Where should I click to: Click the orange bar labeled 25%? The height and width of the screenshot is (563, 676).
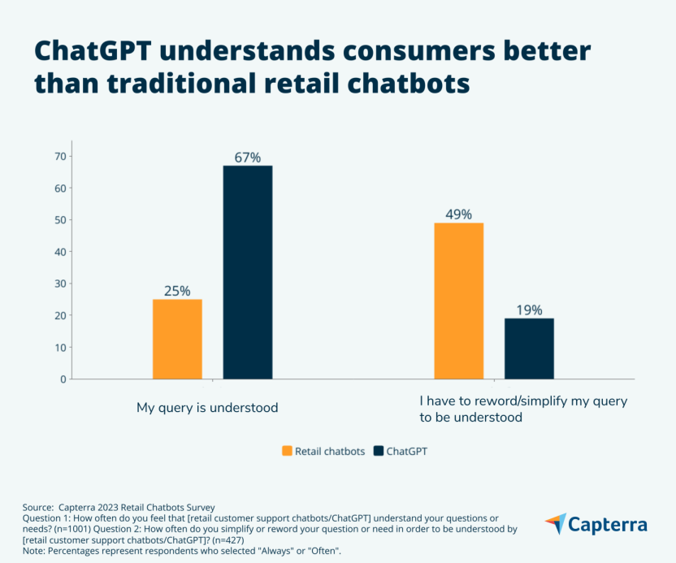point(177,339)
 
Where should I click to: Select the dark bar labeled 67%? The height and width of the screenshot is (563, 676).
point(248,272)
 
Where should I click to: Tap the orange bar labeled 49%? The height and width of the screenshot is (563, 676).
point(458,301)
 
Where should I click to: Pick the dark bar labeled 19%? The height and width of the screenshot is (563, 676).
point(529,349)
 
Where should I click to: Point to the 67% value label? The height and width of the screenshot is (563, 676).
point(248,158)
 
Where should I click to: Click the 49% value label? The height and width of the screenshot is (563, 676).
point(458,214)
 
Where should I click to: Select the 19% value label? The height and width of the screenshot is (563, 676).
point(529,310)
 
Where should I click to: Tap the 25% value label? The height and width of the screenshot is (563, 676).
point(177,291)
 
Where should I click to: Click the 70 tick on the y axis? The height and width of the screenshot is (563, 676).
point(58,156)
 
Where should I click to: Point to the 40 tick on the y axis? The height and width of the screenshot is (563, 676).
point(58,252)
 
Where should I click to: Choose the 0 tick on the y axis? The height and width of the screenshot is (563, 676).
point(62,379)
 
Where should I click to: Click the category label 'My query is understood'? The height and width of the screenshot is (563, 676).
point(207,408)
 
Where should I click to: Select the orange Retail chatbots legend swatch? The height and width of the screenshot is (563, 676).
point(287,451)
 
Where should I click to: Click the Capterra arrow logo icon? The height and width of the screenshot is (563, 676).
point(555,523)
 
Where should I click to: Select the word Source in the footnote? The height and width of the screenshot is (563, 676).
point(38,507)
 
